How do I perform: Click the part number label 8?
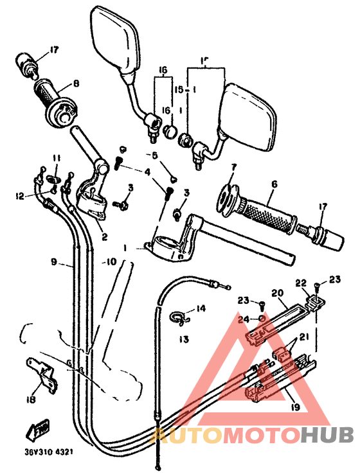tap(76, 83)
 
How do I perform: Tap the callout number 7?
tap(233, 166)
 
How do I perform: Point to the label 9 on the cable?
tap(55, 262)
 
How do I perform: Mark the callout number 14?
tap(201, 309)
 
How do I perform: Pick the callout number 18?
tap(30, 400)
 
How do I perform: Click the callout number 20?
tap(278, 293)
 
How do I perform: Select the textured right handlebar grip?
tap(267, 213)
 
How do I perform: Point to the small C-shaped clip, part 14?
tap(181, 316)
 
